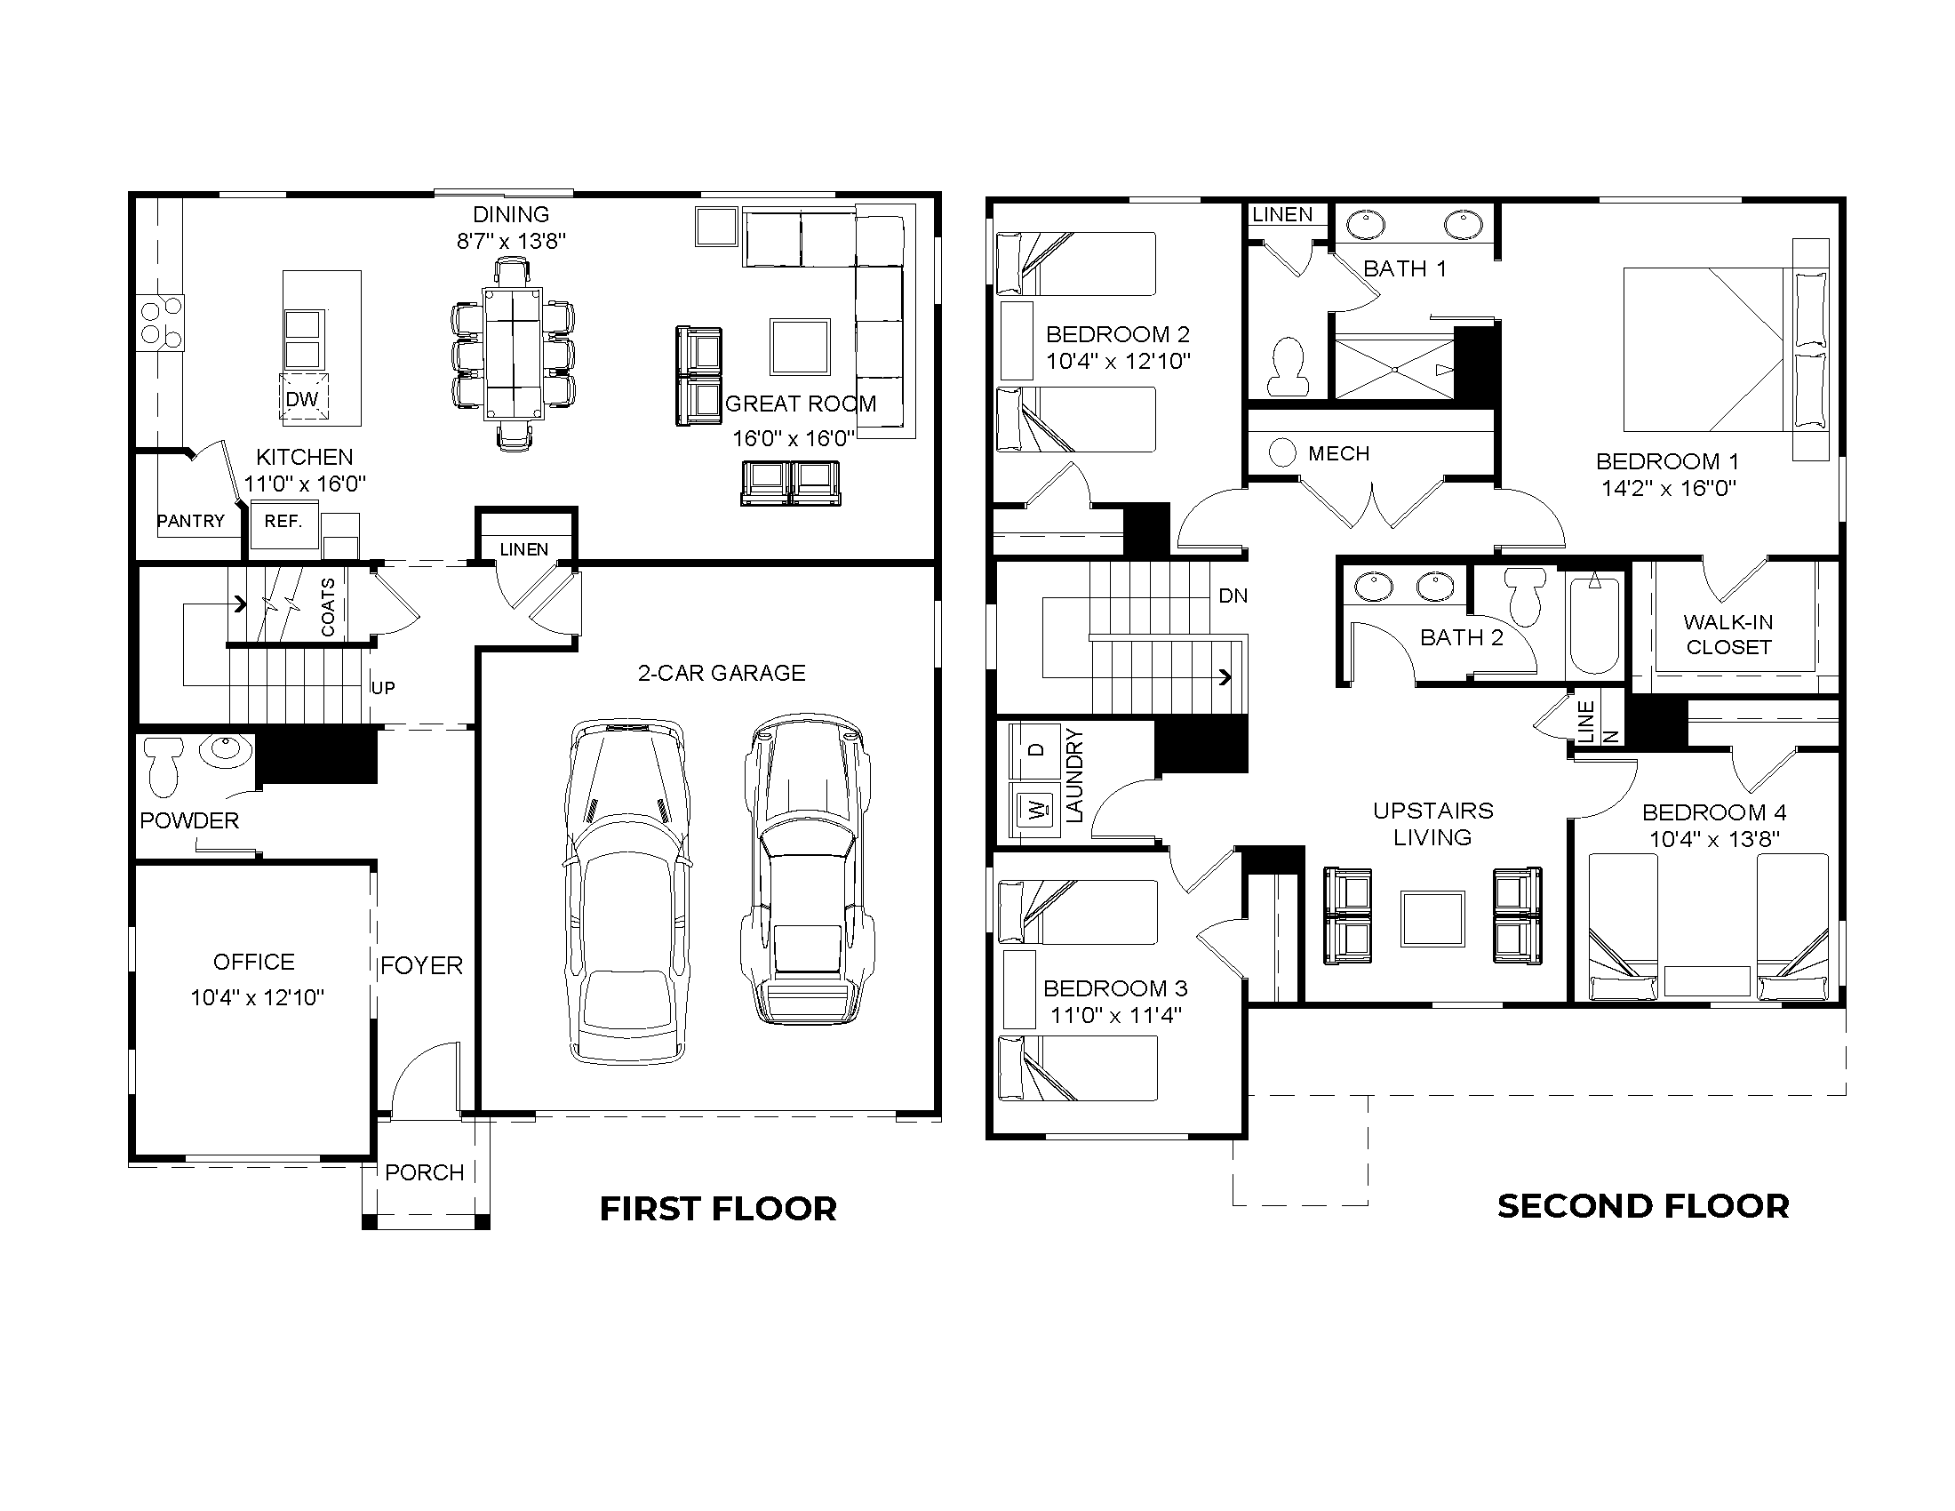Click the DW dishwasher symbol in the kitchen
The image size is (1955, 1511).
point(303,397)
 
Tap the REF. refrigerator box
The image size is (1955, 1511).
point(283,524)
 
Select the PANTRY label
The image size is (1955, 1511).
point(191,521)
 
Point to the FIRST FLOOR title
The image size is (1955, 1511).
point(718,1209)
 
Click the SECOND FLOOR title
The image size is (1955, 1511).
point(1642,1206)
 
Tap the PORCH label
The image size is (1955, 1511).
point(424,1171)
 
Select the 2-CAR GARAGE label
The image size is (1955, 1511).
point(722,673)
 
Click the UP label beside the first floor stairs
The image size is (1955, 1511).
point(383,687)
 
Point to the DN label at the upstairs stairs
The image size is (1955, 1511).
point(1233,596)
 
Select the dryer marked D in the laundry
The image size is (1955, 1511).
point(1035,749)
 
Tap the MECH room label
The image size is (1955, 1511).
point(1338,454)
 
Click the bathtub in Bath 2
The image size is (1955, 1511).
point(1594,626)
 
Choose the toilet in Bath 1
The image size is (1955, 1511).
point(1289,366)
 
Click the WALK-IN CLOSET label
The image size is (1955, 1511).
point(1728,635)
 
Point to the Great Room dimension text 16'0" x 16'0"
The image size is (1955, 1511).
point(793,438)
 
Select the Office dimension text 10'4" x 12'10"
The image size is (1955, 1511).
point(257,997)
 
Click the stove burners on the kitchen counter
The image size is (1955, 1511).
point(160,324)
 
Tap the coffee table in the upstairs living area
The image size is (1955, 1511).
point(1432,918)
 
